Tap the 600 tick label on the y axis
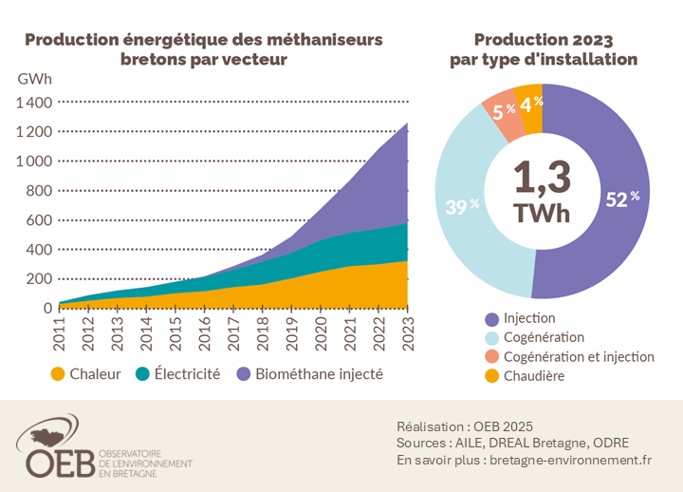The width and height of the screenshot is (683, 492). pos(39,219)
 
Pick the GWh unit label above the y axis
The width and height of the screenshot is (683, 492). pos(34,78)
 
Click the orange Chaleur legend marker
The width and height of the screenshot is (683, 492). pos(60,374)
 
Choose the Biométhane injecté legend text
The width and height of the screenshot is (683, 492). pos(319,374)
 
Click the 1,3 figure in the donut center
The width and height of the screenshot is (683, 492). pos(542,178)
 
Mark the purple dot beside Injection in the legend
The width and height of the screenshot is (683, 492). pos(491,318)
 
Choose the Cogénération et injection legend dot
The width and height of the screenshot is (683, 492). pos(491,357)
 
